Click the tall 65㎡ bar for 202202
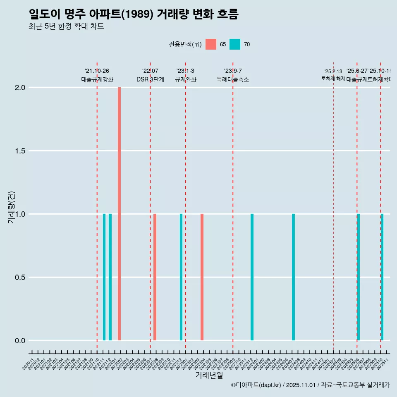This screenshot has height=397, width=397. coord(119,214)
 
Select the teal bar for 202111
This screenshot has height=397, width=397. coord(104,277)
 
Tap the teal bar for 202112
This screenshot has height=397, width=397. coord(110,277)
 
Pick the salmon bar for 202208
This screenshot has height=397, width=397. coord(155,277)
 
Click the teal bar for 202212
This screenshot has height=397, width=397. coord(181,277)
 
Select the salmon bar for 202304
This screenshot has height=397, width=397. coord(202,277)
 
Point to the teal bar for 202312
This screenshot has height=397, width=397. coord(252,277)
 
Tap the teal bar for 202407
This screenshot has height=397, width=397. coord(293,277)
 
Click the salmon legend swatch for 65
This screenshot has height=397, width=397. coord(211,44)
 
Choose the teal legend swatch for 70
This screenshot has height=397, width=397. coord(235,44)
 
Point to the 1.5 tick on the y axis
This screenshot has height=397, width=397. coord(20,151)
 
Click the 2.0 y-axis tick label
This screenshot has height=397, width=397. coord(20,88)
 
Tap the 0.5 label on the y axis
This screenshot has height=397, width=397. coord(20,277)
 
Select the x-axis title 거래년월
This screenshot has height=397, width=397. coord(209,375)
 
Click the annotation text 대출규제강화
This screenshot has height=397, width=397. coord(97,79)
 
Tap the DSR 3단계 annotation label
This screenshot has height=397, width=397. coord(150,79)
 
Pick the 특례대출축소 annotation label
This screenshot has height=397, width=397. coord(233,79)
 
